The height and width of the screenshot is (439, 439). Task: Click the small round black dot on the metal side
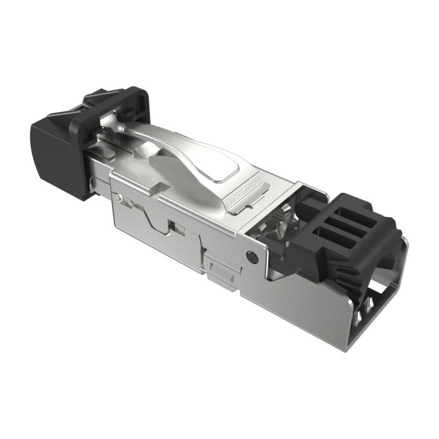252,256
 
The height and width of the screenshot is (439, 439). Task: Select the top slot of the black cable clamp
356,217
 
